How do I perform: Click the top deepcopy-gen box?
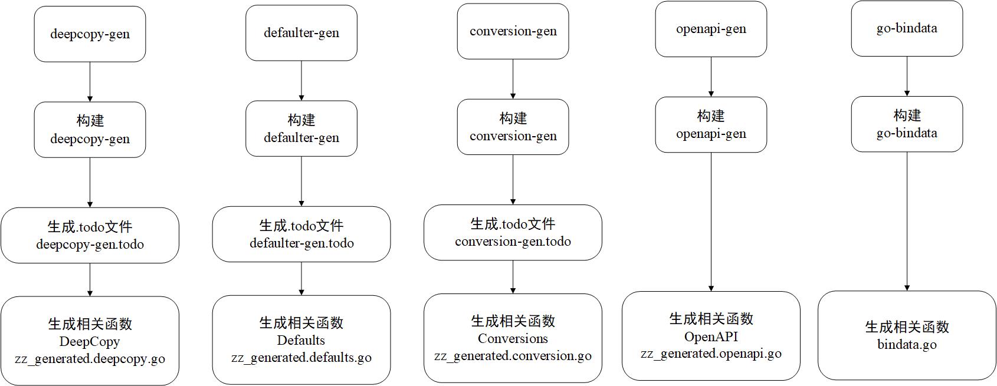[x=90, y=34]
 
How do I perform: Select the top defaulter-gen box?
[x=301, y=33]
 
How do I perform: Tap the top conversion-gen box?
[x=513, y=31]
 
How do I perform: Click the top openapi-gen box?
[x=711, y=29]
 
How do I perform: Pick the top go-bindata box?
[x=907, y=28]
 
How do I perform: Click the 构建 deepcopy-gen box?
[x=90, y=130]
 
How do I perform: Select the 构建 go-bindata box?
[x=907, y=124]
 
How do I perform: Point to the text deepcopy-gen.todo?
[x=90, y=245]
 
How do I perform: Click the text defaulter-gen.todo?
[x=301, y=243]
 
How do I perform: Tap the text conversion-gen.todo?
[x=513, y=242]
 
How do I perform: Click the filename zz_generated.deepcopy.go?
[x=90, y=359]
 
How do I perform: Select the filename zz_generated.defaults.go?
[x=301, y=358]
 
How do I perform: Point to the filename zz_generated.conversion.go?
[x=513, y=356]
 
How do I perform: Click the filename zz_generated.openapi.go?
[x=711, y=354]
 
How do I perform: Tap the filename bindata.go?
[x=907, y=345]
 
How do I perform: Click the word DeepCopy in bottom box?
[x=90, y=342]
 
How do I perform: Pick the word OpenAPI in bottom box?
[x=711, y=337]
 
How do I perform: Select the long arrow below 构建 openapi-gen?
[x=711, y=221]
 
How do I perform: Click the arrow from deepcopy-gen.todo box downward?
[x=90, y=279]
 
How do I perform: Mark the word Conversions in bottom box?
[x=513, y=339]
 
